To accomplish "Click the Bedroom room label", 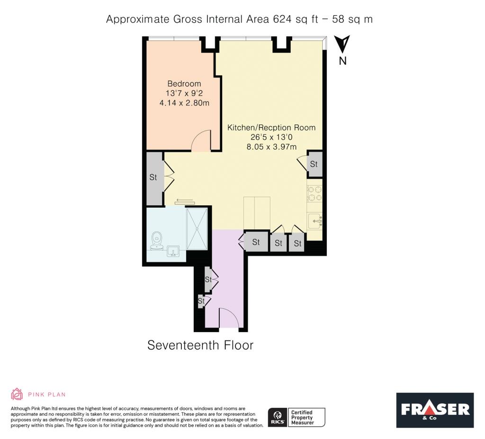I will [184, 84].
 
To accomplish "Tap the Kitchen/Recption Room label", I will [271, 128].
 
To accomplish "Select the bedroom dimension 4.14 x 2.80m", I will [184, 102].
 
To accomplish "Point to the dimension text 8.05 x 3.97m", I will [271, 147].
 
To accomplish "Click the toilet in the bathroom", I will [156, 240].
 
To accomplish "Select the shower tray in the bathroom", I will [197, 228].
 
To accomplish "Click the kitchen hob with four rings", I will [314, 193].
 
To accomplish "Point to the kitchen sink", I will [315, 220].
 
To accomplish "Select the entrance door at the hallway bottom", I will [228, 317].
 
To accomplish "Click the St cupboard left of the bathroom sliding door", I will [153, 178].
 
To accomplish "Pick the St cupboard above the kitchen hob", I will [314, 164].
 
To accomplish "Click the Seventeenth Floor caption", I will [200, 345].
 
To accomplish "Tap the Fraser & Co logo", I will [435, 410].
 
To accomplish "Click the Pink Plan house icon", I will [17, 394].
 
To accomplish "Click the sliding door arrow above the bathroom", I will [184, 202].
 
